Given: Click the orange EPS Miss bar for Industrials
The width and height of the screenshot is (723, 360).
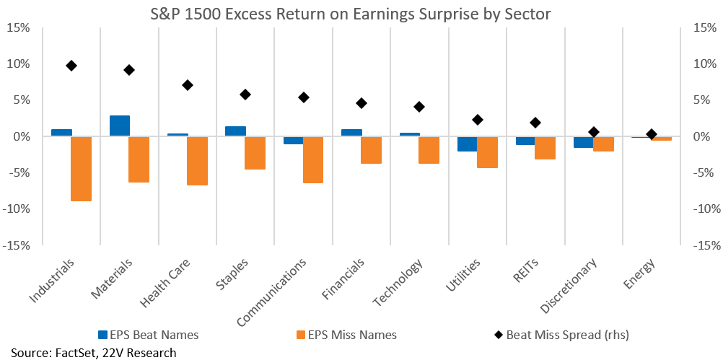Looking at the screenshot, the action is (81, 169).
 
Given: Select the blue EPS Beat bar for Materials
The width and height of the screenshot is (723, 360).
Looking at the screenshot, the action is (120, 126).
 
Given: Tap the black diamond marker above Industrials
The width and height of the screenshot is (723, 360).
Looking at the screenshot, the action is (71, 66).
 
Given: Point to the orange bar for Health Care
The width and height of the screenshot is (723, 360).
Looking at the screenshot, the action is (198, 161).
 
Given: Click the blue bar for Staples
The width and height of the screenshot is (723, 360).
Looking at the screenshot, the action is (236, 131).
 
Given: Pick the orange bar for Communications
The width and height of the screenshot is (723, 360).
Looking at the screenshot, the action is (313, 160).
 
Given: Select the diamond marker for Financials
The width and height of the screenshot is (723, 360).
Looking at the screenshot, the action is (361, 103).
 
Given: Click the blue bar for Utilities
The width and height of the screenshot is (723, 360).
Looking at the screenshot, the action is (468, 144).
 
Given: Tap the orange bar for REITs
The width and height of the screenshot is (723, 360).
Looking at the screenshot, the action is (545, 148).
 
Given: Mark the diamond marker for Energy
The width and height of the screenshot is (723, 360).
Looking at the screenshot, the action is (652, 134).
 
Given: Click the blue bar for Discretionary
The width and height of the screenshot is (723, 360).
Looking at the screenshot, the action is (583, 142).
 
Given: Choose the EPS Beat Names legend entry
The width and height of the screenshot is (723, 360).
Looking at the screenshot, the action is (149, 335).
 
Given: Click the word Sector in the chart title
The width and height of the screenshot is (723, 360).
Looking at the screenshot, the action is (525, 14).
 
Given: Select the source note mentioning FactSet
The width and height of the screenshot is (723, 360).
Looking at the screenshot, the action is (94, 353).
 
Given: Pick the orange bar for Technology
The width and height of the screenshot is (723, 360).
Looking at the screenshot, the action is (429, 150).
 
